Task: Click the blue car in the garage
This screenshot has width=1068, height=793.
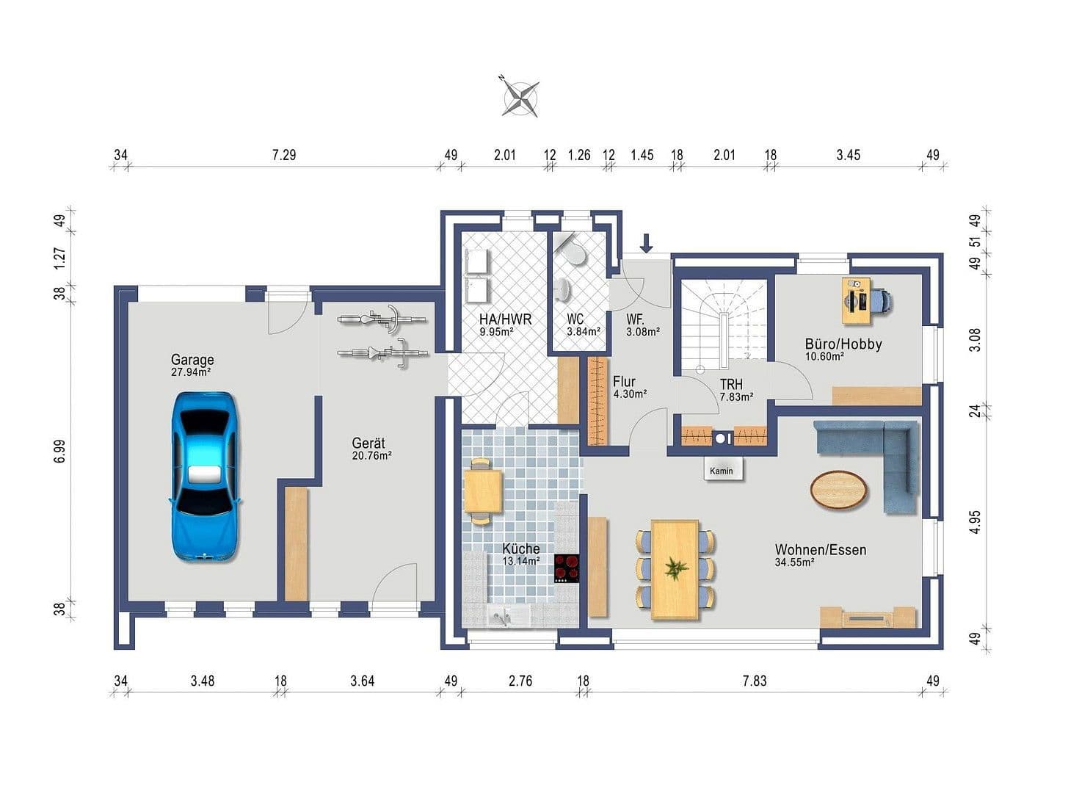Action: [205, 477]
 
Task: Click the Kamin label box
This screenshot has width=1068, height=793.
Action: [721, 470]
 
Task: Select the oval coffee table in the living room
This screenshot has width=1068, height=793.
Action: [839, 488]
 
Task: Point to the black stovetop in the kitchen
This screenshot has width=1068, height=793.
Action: [567, 569]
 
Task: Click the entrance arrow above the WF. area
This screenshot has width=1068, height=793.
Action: [647, 243]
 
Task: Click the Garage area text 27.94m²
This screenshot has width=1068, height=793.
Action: [191, 372]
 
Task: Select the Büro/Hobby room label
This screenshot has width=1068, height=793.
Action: [843, 344]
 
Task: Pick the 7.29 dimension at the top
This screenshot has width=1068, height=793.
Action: [284, 155]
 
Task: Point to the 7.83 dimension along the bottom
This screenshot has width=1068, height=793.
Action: [754, 681]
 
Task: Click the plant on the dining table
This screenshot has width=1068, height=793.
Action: [675, 568]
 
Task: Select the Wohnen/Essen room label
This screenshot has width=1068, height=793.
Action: [821, 550]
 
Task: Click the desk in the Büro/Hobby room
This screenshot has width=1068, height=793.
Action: [856, 300]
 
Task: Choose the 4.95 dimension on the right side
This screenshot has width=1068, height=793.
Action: [975, 522]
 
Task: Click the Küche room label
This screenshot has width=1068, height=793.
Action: [520, 548]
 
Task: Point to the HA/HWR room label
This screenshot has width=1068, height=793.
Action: [505, 319]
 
